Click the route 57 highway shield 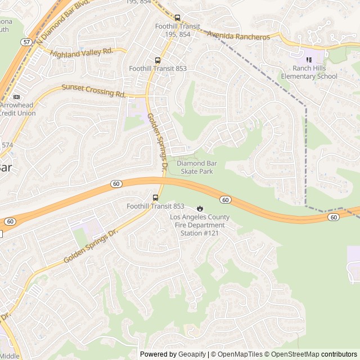26,42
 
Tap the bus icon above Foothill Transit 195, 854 178,17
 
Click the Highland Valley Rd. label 82,52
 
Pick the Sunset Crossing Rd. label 93,90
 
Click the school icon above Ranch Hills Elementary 308,59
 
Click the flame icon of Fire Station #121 199,209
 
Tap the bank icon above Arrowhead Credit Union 16,97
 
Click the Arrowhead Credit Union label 18,109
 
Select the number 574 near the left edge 7,145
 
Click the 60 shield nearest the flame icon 225,200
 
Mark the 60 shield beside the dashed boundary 334,217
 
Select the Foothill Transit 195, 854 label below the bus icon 178,30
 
